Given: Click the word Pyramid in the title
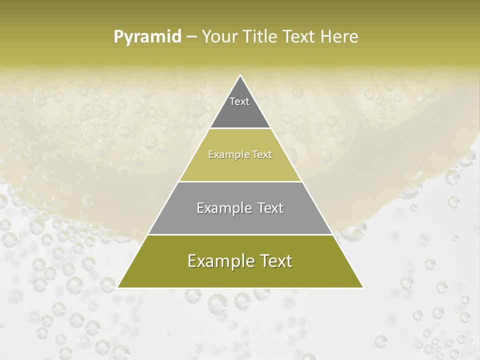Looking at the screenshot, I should [x=147, y=37].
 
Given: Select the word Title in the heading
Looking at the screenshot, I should [x=261, y=37].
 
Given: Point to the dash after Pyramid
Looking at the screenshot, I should [x=191, y=37].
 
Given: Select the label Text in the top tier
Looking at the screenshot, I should [x=239, y=101].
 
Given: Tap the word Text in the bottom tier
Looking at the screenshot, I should [x=275, y=261].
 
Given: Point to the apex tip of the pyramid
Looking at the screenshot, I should [x=240, y=76].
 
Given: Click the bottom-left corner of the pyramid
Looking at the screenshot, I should [x=118, y=287].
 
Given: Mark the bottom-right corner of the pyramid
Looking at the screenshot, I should [x=363, y=287].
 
